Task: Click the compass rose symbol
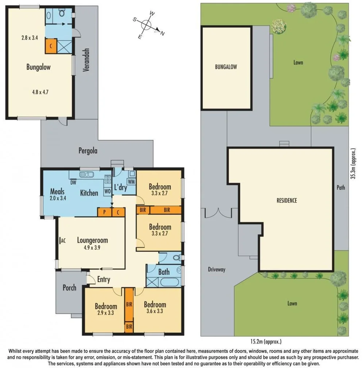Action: (x=147, y=25)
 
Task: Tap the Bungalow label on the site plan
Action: (x=226, y=67)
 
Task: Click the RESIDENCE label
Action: (x=286, y=200)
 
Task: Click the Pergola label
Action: (x=88, y=150)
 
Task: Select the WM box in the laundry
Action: (x=131, y=181)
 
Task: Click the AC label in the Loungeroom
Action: (x=62, y=240)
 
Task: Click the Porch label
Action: (x=69, y=288)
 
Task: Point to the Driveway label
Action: (x=217, y=270)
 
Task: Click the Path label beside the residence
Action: (x=341, y=188)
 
